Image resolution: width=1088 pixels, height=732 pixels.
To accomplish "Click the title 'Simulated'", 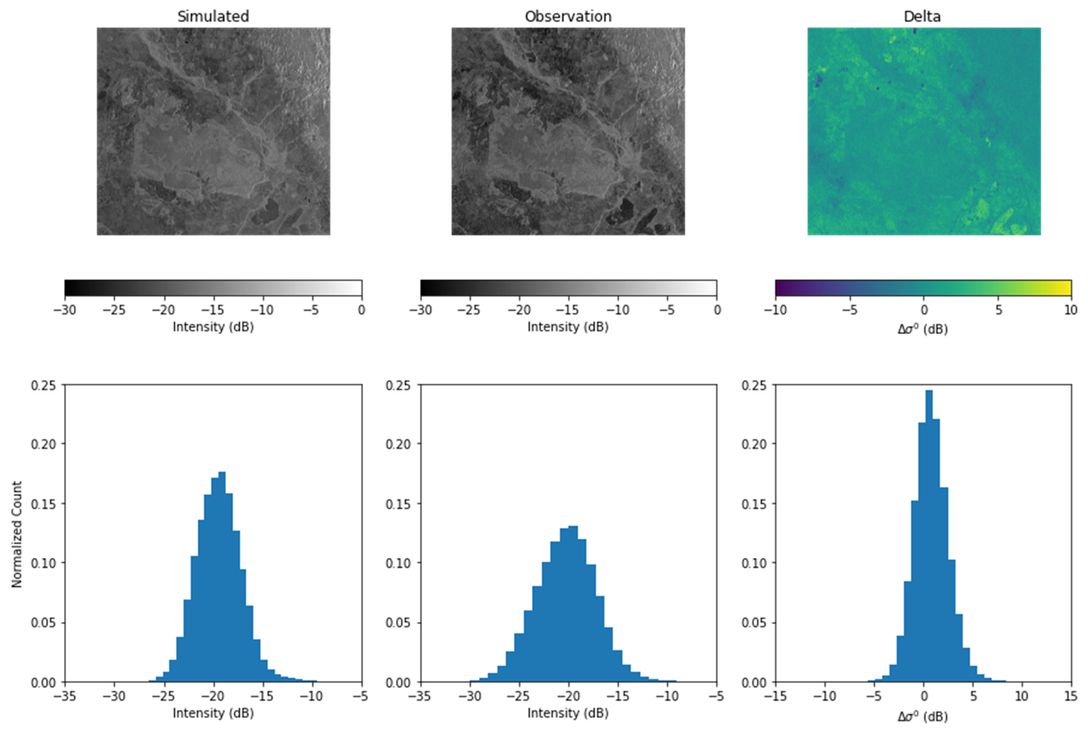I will click(213, 16).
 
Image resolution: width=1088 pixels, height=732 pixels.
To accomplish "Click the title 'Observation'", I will click(568, 16).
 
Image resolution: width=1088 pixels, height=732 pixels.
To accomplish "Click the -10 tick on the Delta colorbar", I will click(775, 310).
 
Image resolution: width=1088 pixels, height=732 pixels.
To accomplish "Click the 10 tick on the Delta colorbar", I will click(1070, 310).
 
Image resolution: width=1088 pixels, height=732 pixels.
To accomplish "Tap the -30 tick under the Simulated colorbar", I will click(65, 310).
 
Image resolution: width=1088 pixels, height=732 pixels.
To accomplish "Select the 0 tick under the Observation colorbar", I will click(717, 310).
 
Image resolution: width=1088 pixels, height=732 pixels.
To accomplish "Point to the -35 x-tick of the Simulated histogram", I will click(65, 696).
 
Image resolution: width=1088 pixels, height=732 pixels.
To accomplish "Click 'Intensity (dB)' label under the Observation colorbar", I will click(568, 327).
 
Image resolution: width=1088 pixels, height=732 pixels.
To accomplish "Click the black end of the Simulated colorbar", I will click(69, 288).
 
